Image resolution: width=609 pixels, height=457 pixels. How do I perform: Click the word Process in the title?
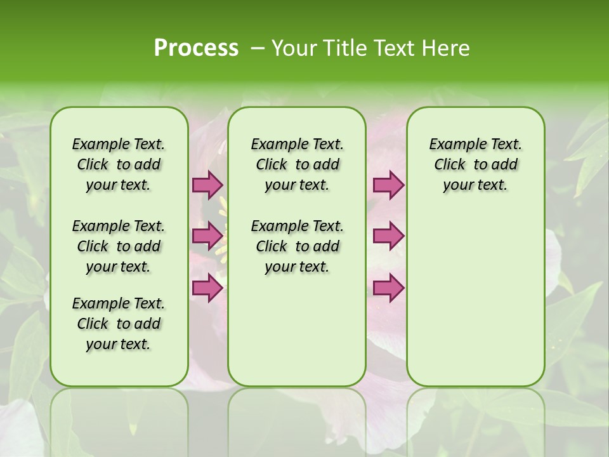(196, 48)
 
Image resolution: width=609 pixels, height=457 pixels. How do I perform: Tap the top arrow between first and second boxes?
(207, 185)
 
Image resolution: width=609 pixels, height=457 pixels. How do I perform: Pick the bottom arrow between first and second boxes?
(207, 288)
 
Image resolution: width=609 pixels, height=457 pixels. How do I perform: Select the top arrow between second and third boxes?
(388, 185)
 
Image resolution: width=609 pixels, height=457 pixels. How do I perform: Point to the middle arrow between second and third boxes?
(388, 236)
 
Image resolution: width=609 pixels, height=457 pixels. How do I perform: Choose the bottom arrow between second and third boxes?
(388, 288)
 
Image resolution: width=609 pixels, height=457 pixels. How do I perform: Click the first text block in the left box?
(119, 164)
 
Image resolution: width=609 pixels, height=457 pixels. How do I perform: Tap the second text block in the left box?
(119, 246)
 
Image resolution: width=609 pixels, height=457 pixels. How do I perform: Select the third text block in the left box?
(119, 324)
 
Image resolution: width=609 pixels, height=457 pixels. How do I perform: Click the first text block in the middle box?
(297, 164)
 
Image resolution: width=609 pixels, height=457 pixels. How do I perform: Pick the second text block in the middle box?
(297, 246)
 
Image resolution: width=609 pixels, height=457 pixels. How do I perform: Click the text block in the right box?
(475, 164)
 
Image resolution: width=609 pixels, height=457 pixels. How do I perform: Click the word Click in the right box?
(450, 165)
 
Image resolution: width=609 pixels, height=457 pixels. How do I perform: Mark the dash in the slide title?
(257, 48)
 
